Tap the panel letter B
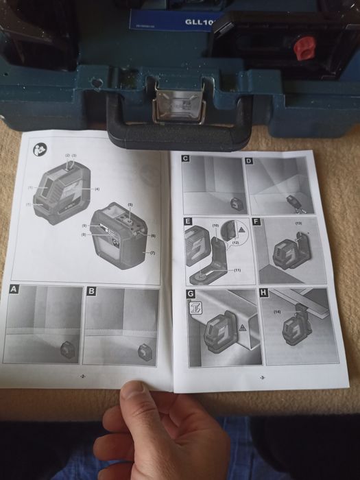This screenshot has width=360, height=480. point(92,293)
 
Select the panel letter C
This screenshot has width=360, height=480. point(186,159)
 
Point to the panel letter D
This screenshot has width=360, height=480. point(249,162)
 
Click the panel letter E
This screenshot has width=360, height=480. point(187,222)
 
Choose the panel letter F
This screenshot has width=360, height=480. point(256,222)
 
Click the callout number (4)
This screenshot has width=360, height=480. point(97,189)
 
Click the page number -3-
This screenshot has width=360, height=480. point(263,378)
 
